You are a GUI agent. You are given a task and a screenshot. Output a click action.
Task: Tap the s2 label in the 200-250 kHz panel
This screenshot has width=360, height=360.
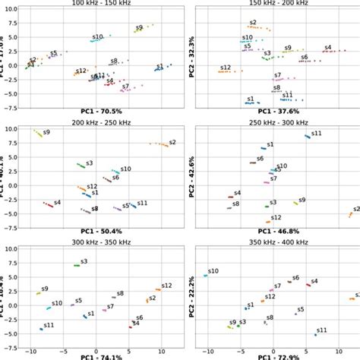pos(172,141)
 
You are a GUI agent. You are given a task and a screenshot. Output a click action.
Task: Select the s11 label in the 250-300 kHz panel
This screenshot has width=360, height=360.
pos(317,134)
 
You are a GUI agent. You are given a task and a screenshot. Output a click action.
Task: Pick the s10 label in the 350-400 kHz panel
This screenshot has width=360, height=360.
pos(213,271)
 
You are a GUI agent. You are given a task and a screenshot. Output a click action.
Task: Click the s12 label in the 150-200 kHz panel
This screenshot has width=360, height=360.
pos(226,68)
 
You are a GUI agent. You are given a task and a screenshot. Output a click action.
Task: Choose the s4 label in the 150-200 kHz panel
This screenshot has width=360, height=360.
pos(328,47)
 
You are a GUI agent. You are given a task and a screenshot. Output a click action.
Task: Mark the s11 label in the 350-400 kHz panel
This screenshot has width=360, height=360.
pos(322,330)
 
